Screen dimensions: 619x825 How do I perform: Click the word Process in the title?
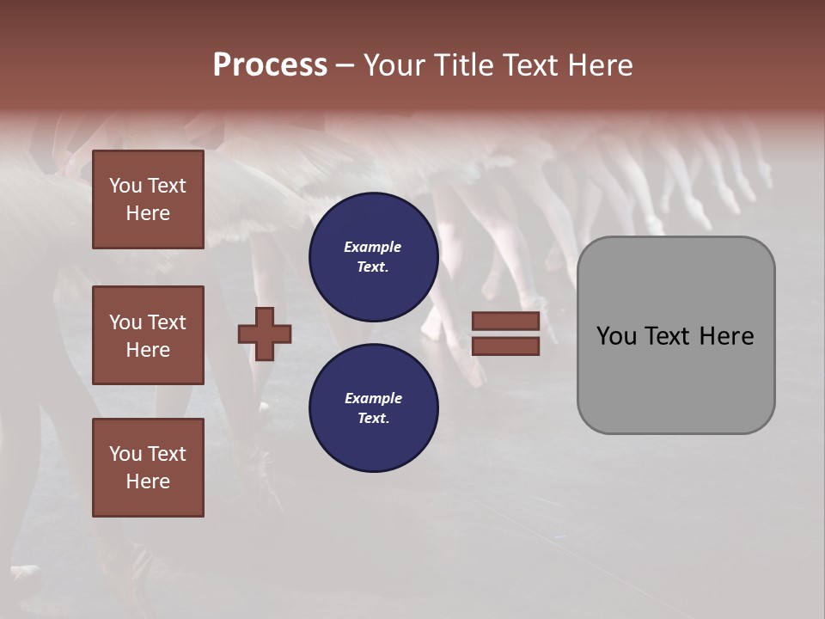(x=270, y=65)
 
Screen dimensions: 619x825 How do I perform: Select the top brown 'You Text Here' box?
(x=148, y=199)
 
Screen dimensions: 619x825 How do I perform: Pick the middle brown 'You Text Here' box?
(x=148, y=335)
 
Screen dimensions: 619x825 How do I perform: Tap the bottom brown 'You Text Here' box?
(x=148, y=468)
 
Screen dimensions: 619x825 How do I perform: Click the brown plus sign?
(x=265, y=334)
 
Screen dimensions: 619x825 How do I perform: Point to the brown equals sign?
(x=505, y=334)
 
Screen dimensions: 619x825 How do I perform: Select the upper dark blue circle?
(x=374, y=256)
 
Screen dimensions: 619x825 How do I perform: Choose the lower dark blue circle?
(x=374, y=408)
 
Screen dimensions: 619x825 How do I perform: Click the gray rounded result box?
(x=675, y=335)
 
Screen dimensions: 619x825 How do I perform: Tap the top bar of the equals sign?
(x=505, y=322)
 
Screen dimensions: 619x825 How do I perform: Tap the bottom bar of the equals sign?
(x=505, y=346)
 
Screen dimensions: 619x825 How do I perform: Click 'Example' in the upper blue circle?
(x=373, y=247)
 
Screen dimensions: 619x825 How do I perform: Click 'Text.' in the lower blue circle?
(x=373, y=418)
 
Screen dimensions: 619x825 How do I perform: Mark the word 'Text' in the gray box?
(x=675, y=336)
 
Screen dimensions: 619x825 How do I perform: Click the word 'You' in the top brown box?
(x=125, y=186)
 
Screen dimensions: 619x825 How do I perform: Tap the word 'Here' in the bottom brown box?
(x=148, y=481)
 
